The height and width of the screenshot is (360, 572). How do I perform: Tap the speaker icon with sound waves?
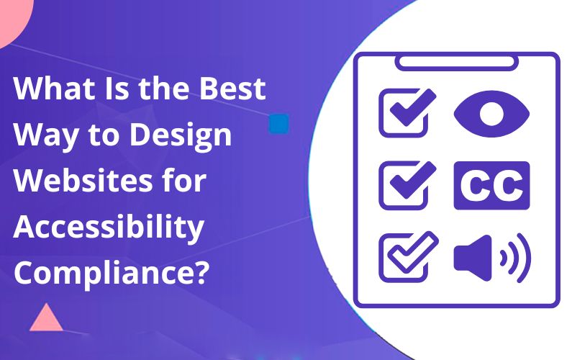pos(491,256)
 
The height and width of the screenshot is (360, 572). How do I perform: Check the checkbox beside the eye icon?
pos(405,114)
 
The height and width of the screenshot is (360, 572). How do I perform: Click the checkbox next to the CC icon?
pos(405,185)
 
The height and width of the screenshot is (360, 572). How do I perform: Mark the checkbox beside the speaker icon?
pos(405,256)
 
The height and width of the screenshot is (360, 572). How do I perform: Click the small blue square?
pos(278,123)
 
